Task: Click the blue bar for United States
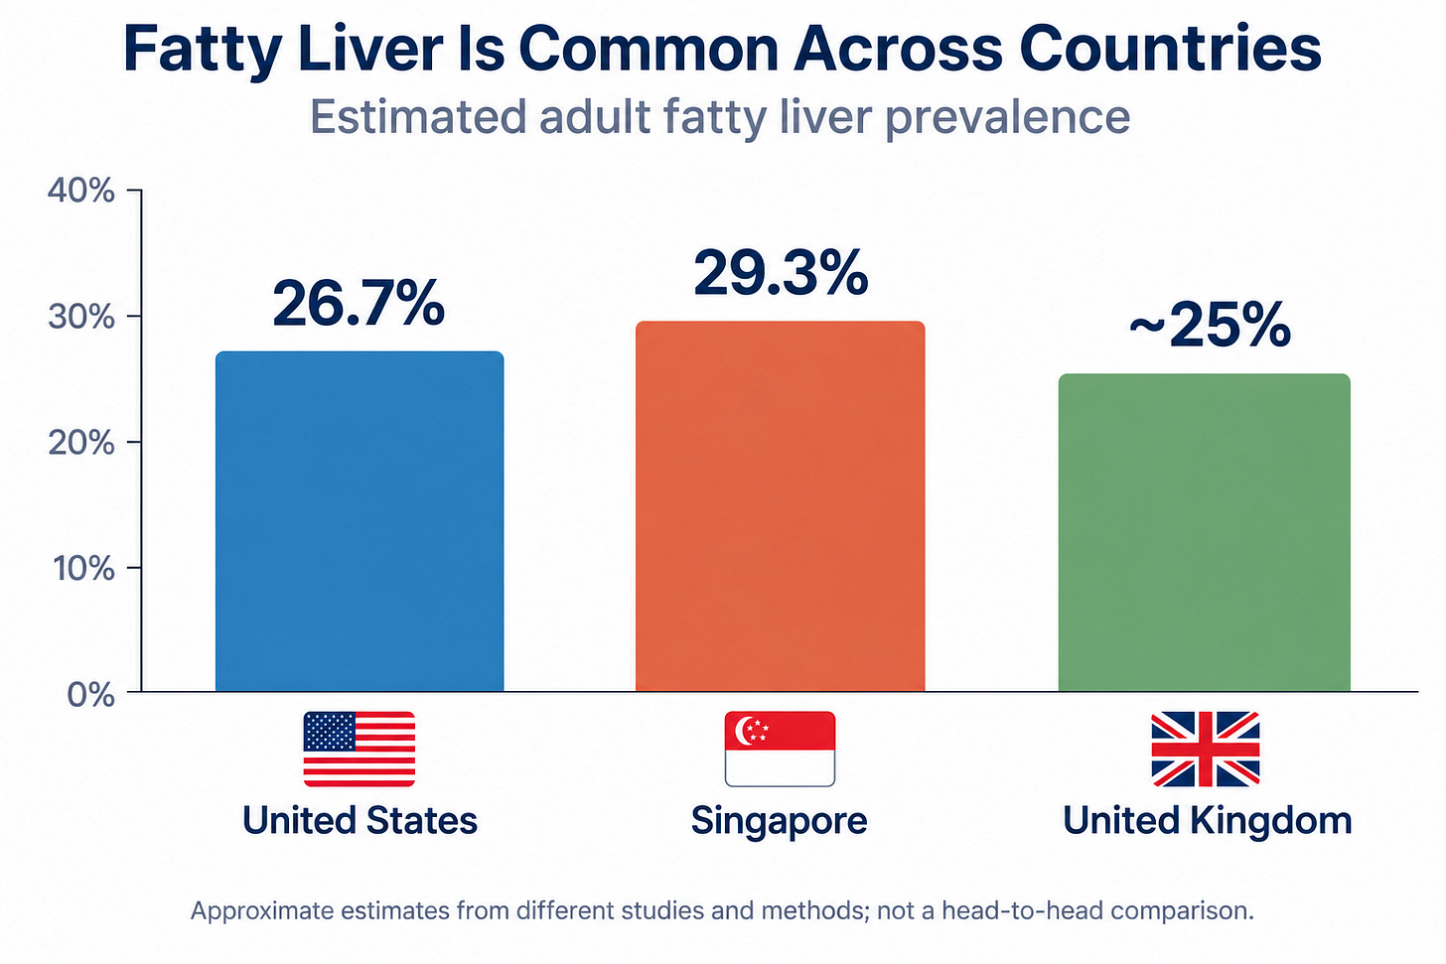point(360,521)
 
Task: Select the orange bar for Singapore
point(780,506)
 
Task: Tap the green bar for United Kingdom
point(1205,532)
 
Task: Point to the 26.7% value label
point(359,303)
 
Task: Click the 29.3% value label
point(781,273)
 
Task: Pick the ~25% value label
point(1210,326)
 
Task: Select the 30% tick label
point(81,317)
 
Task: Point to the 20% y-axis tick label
point(81,444)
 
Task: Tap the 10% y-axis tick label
point(83,569)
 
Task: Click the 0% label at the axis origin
point(91,695)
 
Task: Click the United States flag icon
point(359,750)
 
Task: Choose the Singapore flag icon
point(780,750)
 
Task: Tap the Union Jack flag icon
point(1206,750)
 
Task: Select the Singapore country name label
point(780,821)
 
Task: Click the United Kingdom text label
point(1208,821)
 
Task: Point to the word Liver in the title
point(370,49)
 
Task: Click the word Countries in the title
point(1170,49)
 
